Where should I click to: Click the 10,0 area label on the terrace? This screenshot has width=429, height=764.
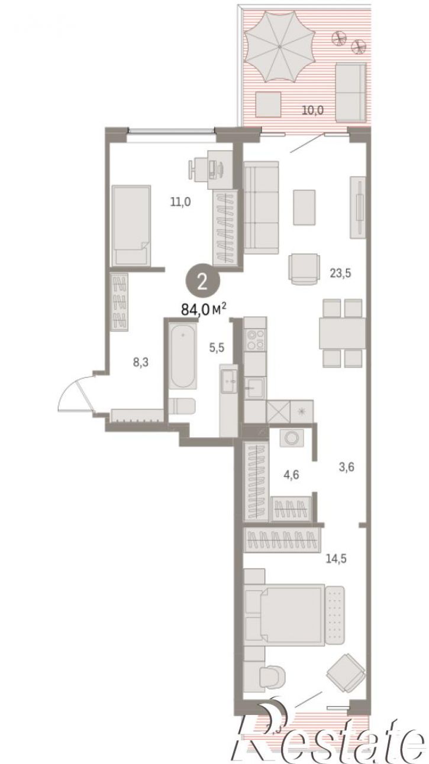tap(312, 110)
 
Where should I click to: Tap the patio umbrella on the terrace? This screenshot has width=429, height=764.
tap(280, 47)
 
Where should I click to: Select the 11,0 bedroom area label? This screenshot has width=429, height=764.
tap(180, 202)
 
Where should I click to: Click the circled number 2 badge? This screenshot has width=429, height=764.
tap(202, 282)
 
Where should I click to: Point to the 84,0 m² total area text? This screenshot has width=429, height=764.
tap(204, 309)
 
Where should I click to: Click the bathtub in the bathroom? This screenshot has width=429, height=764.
tap(183, 356)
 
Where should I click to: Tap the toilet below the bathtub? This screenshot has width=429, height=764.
tap(182, 406)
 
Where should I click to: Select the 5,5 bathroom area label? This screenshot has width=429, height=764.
tap(217, 348)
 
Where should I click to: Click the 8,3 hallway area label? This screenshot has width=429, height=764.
tap(140, 362)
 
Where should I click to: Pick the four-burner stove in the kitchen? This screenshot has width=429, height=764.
tap(256, 340)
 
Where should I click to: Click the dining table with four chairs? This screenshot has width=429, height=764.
tap(342, 333)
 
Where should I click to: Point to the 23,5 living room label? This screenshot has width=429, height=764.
tap(340, 273)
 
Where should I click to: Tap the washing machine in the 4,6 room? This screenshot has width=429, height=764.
tap(292, 438)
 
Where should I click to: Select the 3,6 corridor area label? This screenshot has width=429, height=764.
tap(346, 467)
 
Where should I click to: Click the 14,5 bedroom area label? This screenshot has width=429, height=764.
tap(336, 559)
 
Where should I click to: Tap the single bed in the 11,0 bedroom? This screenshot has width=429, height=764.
tap(131, 226)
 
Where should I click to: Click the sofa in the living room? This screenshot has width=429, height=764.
tap(262, 208)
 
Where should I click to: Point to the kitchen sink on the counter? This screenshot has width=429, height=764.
tap(254, 388)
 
